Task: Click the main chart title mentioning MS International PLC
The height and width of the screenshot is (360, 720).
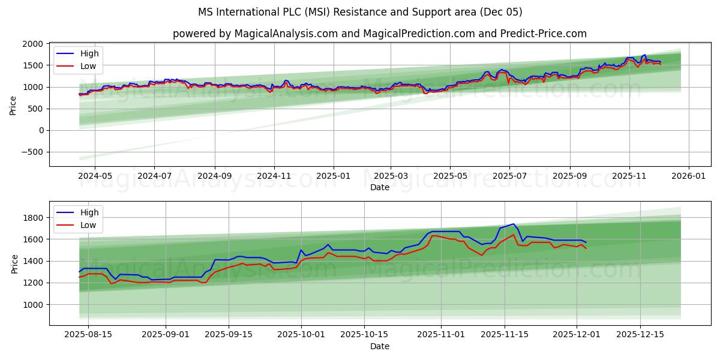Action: tap(360, 12)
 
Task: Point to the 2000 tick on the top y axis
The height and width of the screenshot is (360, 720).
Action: tap(32, 44)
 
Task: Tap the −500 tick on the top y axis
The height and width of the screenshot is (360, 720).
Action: tap(30, 152)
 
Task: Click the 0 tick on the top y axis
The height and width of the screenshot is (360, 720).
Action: tap(41, 130)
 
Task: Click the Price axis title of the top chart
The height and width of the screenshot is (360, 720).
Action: tap(13, 104)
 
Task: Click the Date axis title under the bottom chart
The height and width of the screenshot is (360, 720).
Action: tap(380, 346)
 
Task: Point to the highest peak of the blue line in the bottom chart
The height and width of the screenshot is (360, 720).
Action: tap(513, 224)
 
